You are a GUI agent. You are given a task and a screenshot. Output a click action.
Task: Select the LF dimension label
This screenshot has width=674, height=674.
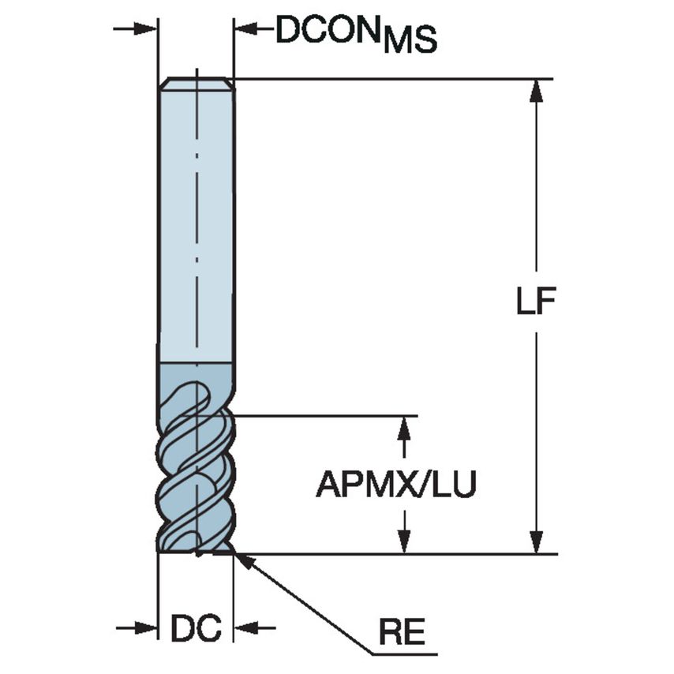tap(537, 302)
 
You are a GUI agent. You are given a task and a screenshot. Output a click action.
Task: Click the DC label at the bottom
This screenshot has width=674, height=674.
tap(196, 628)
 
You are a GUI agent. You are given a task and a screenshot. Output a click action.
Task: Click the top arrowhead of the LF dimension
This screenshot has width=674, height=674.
tap(537, 89)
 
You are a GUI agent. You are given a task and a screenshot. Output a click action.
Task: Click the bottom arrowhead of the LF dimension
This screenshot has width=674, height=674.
tap(537, 544)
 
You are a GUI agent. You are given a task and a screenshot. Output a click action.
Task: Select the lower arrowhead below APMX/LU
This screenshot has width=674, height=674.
tap(404, 543)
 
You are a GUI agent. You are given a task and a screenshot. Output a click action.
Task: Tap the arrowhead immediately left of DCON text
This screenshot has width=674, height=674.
tap(244, 29)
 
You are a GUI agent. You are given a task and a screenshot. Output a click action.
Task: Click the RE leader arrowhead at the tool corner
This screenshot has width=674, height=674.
tap(241, 559)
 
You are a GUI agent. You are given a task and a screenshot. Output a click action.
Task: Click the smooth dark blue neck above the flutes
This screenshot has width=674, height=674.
tap(196, 375)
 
